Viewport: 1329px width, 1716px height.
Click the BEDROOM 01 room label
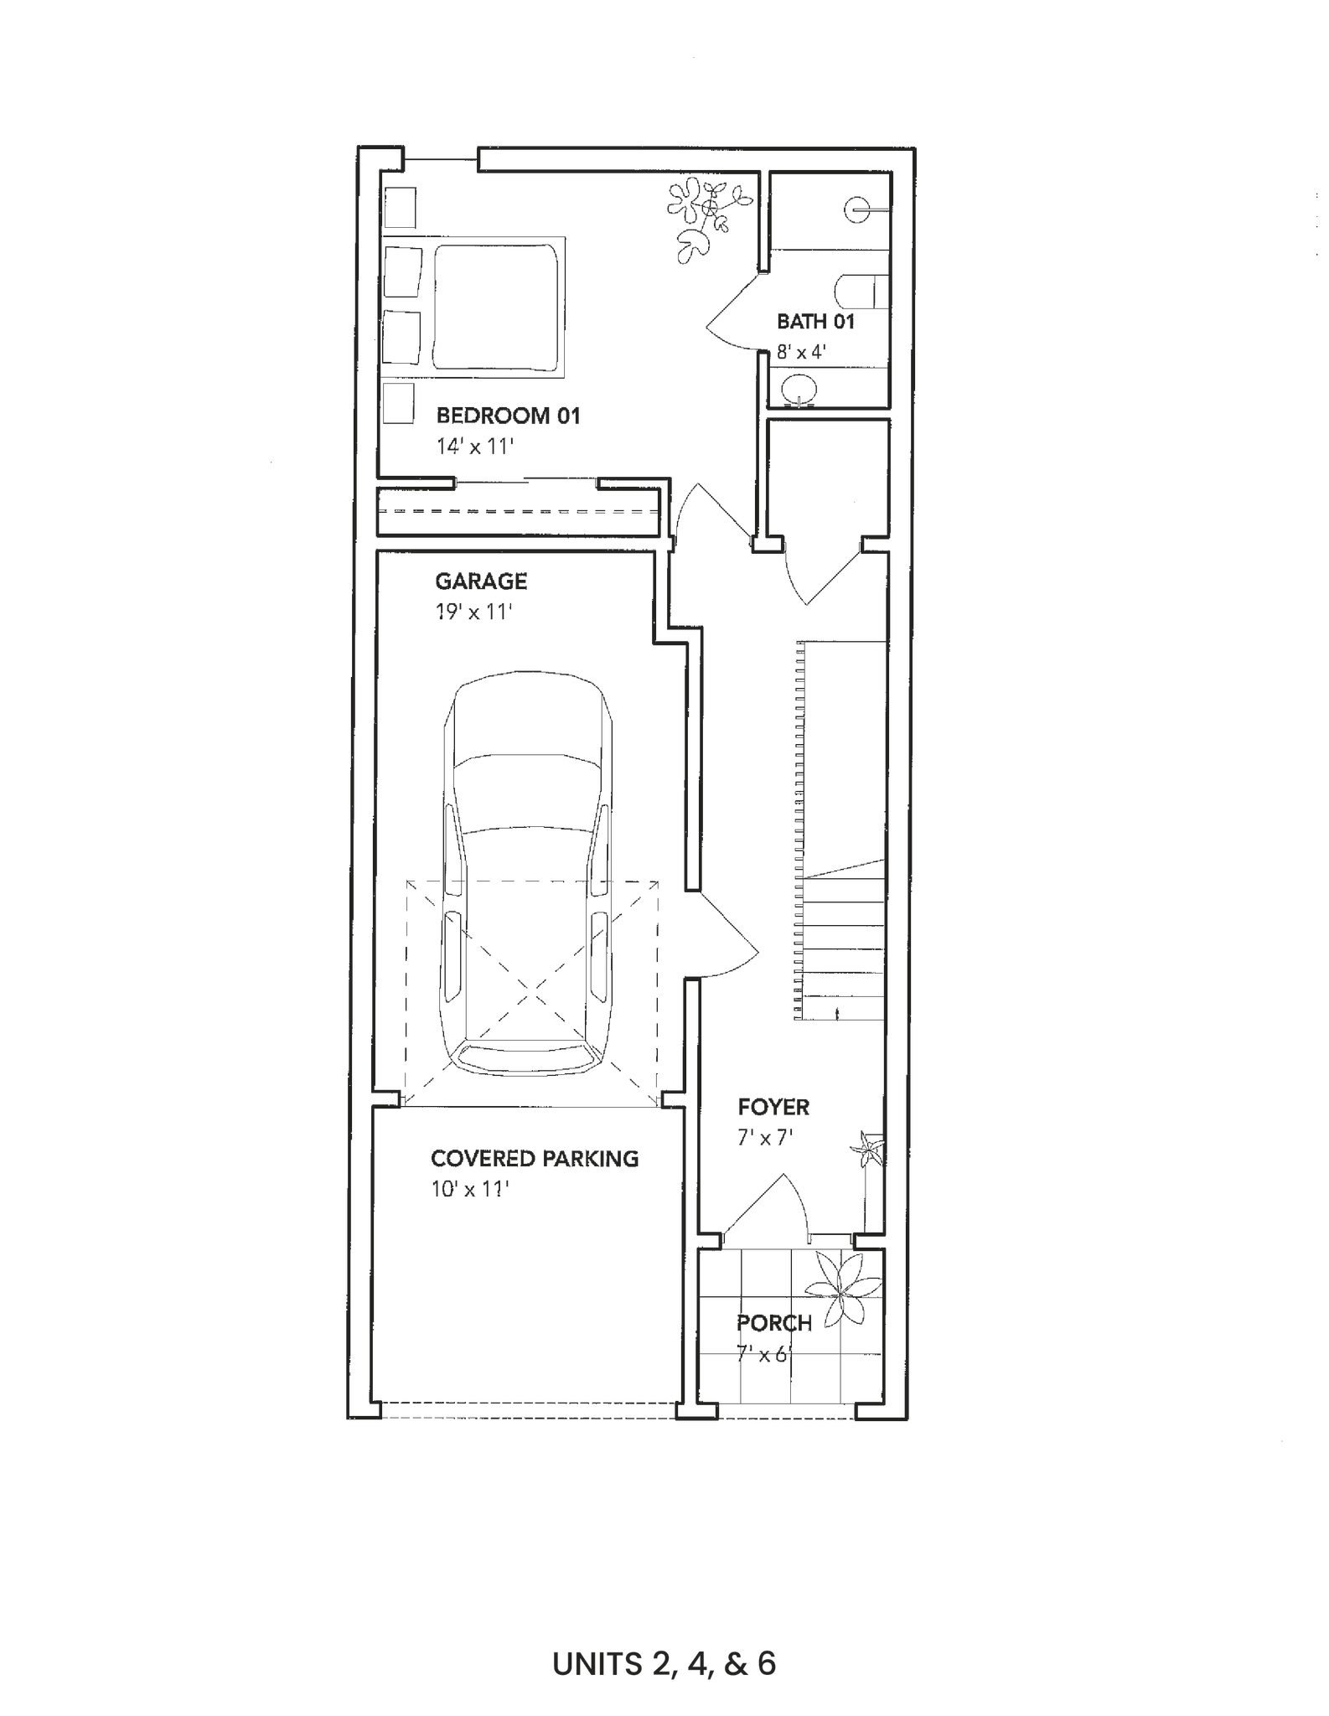coord(508,416)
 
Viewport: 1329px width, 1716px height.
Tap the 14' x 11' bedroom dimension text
coord(473,447)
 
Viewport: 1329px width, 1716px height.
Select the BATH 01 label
coord(815,321)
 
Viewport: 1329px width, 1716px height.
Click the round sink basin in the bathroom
coord(797,389)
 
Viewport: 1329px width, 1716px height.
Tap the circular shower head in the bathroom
coord(859,209)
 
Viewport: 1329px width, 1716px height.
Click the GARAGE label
coord(481,581)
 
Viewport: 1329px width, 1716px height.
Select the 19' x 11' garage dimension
coord(473,612)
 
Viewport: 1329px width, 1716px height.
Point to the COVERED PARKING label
coord(535,1159)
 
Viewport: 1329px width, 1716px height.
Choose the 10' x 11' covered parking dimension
coord(469,1189)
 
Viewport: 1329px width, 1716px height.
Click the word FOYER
coord(773,1107)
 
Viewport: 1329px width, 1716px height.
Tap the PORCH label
coord(774,1324)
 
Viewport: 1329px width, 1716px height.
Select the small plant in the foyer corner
coord(866,1149)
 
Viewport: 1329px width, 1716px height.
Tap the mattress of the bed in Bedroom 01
coord(494,306)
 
